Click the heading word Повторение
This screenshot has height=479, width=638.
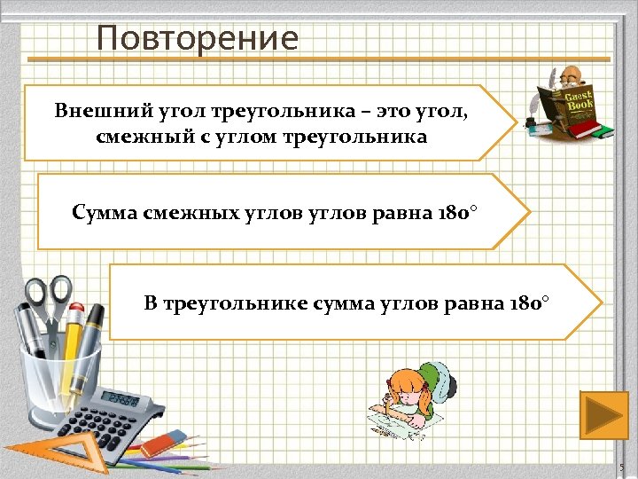[198, 38]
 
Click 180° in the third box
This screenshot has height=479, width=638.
[530, 304]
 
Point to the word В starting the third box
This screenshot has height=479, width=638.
[151, 304]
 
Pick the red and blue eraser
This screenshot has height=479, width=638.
[163, 441]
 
